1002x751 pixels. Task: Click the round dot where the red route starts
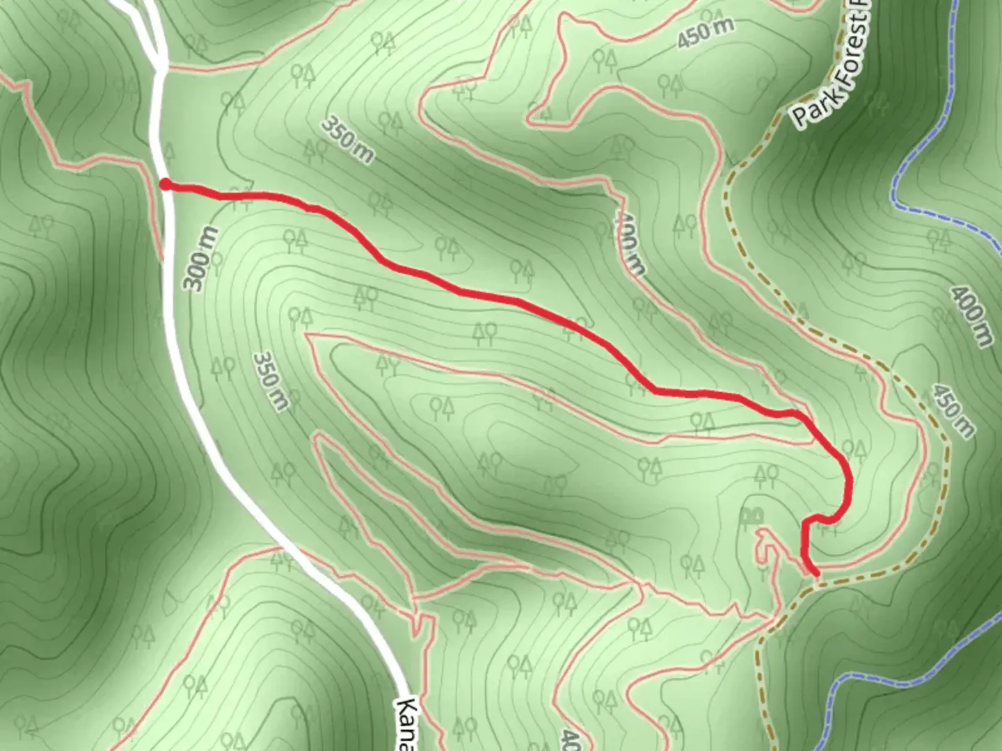tap(166, 184)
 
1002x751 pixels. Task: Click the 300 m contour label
tap(200, 258)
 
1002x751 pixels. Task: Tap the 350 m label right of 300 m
tap(270, 380)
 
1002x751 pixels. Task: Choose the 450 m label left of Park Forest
tap(705, 32)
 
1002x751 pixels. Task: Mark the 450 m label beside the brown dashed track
tap(953, 410)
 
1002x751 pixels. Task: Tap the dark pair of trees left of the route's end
tap(752, 515)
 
